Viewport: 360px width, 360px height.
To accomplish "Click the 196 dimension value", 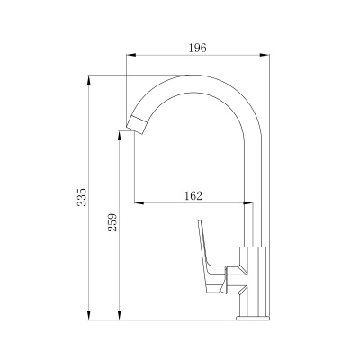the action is click(197, 48).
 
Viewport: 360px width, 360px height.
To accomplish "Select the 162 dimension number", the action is click(193, 196).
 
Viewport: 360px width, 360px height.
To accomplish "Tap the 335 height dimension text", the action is click(82, 197).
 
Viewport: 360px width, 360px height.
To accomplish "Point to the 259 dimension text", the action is click(112, 222).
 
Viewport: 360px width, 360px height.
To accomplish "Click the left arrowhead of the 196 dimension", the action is click(131, 55).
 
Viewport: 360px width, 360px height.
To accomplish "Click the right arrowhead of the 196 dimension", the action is click(265, 55).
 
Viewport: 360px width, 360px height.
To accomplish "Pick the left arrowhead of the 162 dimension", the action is click(139, 203).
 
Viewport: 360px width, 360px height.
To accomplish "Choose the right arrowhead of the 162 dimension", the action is click(247, 203).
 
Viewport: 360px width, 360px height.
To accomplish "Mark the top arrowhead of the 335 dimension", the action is click(89, 80).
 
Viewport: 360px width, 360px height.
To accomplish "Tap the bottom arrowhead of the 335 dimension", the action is click(89, 315).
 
